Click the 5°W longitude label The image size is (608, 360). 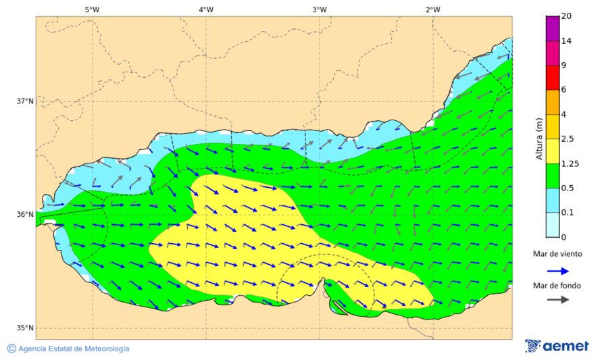pyautogui.click(x=92, y=9)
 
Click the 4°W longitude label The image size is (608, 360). pyautogui.click(x=206, y=9)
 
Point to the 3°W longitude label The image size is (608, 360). pyautogui.click(x=320, y=9)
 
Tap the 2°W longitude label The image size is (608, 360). pyautogui.click(x=433, y=9)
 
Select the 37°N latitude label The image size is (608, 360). pyautogui.click(x=25, y=101)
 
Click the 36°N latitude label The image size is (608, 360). pyautogui.click(x=25, y=215)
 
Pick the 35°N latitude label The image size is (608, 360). pyautogui.click(x=25, y=328)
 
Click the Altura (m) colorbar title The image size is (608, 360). pyautogui.click(x=538, y=138)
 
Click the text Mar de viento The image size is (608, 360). pyautogui.click(x=557, y=254)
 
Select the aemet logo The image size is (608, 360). pyautogui.click(x=557, y=346)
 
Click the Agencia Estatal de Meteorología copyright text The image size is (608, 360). pyautogui.click(x=68, y=349)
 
